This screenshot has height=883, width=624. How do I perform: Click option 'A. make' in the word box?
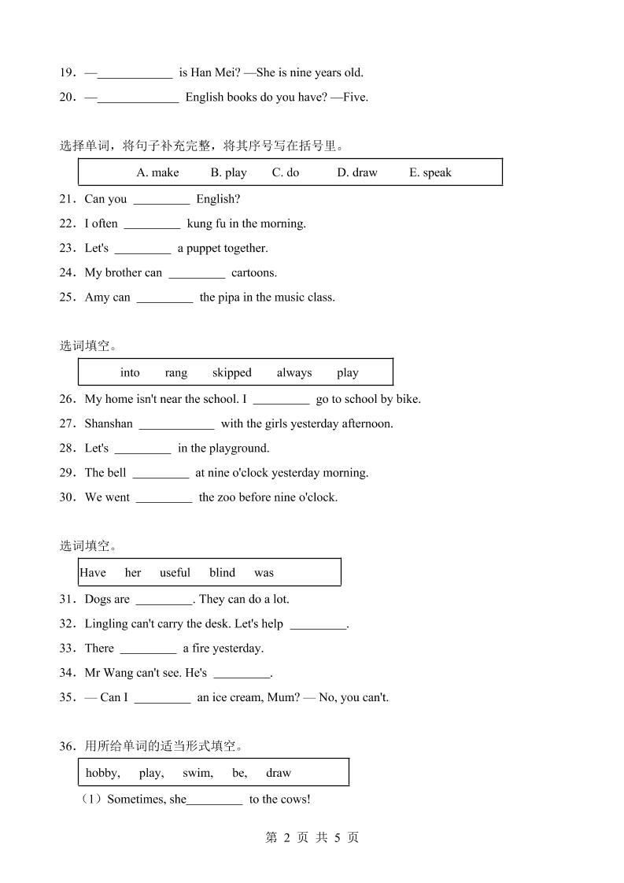(157, 172)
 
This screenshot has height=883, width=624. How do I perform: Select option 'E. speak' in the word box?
(430, 172)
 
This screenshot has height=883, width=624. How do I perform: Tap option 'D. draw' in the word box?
(357, 172)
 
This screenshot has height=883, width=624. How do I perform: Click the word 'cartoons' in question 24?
(254, 272)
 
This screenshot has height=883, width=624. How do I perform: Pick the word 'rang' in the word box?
(176, 372)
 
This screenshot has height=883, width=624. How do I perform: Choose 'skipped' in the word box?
(232, 372)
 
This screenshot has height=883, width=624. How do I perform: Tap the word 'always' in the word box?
(294, 372)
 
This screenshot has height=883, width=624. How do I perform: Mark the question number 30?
(67, 497)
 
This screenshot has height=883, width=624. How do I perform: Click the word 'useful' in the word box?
(175, 572)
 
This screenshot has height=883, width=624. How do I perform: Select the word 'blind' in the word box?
(222, 572)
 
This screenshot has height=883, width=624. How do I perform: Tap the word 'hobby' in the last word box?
(102, 773)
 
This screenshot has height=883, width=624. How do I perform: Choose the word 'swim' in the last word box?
(197, 773)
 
